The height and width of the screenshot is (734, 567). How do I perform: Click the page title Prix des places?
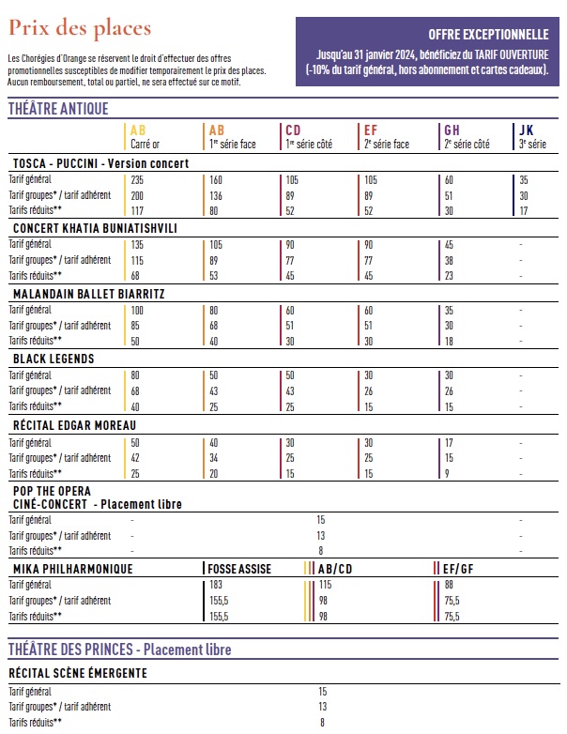80,28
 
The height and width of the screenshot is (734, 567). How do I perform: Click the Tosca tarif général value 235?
138,179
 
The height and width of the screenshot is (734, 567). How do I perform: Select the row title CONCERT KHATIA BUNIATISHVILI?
95,228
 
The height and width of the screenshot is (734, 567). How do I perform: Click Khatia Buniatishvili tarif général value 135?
137,244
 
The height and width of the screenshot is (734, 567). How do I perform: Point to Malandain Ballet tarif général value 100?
137,310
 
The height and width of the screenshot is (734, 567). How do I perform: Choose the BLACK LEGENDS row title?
54,359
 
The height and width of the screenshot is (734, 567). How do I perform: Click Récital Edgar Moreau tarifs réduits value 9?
446,472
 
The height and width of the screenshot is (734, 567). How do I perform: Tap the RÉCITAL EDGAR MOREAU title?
74,424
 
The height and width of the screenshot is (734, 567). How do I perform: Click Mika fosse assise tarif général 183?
217,585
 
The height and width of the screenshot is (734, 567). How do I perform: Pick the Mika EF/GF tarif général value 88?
450,585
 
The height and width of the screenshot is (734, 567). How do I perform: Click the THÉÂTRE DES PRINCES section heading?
119,650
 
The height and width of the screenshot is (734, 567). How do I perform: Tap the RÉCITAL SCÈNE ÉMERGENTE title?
78,673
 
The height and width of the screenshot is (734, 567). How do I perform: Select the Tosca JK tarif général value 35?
524,179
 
